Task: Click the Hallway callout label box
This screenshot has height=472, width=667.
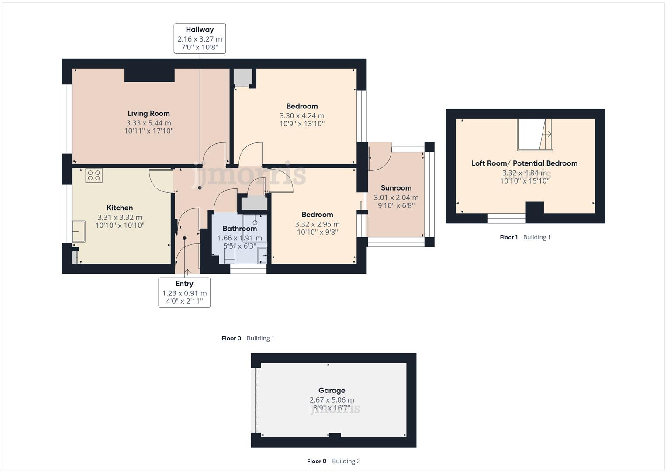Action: pos(200,38)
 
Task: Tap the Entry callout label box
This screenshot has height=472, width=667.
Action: pos(184,292)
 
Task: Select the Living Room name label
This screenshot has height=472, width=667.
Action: pos(149,114)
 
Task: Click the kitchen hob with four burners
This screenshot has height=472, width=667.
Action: pos(94,176)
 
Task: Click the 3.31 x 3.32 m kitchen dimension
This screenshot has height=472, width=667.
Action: pos(120,217)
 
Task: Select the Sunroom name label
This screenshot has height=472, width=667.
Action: pos(396,188)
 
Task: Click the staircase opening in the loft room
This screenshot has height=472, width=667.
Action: pos(534,135)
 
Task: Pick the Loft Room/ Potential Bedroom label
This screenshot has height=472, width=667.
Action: pos(524,163)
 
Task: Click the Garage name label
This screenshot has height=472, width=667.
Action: pos(332,391)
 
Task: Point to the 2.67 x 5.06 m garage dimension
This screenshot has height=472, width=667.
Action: pos(332,400)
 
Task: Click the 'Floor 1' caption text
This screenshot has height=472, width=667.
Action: pos(508,237)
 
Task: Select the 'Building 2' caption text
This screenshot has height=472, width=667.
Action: pos(346,461)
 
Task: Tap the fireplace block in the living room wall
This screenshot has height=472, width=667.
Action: pos(149,75)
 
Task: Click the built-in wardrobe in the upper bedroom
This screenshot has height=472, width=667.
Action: pos(242,77)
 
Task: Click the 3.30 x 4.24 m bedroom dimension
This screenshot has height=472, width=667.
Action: pos(302,116)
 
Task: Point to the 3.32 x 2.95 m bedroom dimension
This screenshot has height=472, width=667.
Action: pos(317,224)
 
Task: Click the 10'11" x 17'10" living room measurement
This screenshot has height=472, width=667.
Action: pos(149,131)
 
